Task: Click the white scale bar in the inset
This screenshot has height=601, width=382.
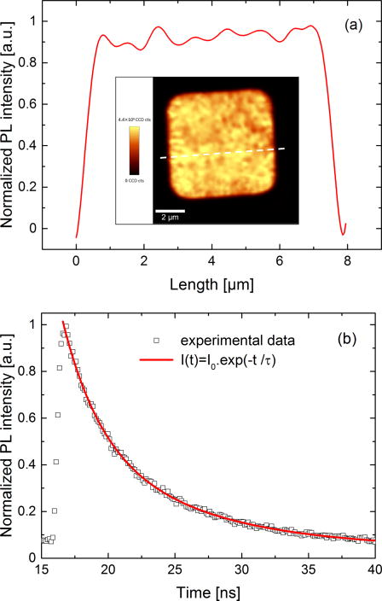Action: click(x=171, y=208)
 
